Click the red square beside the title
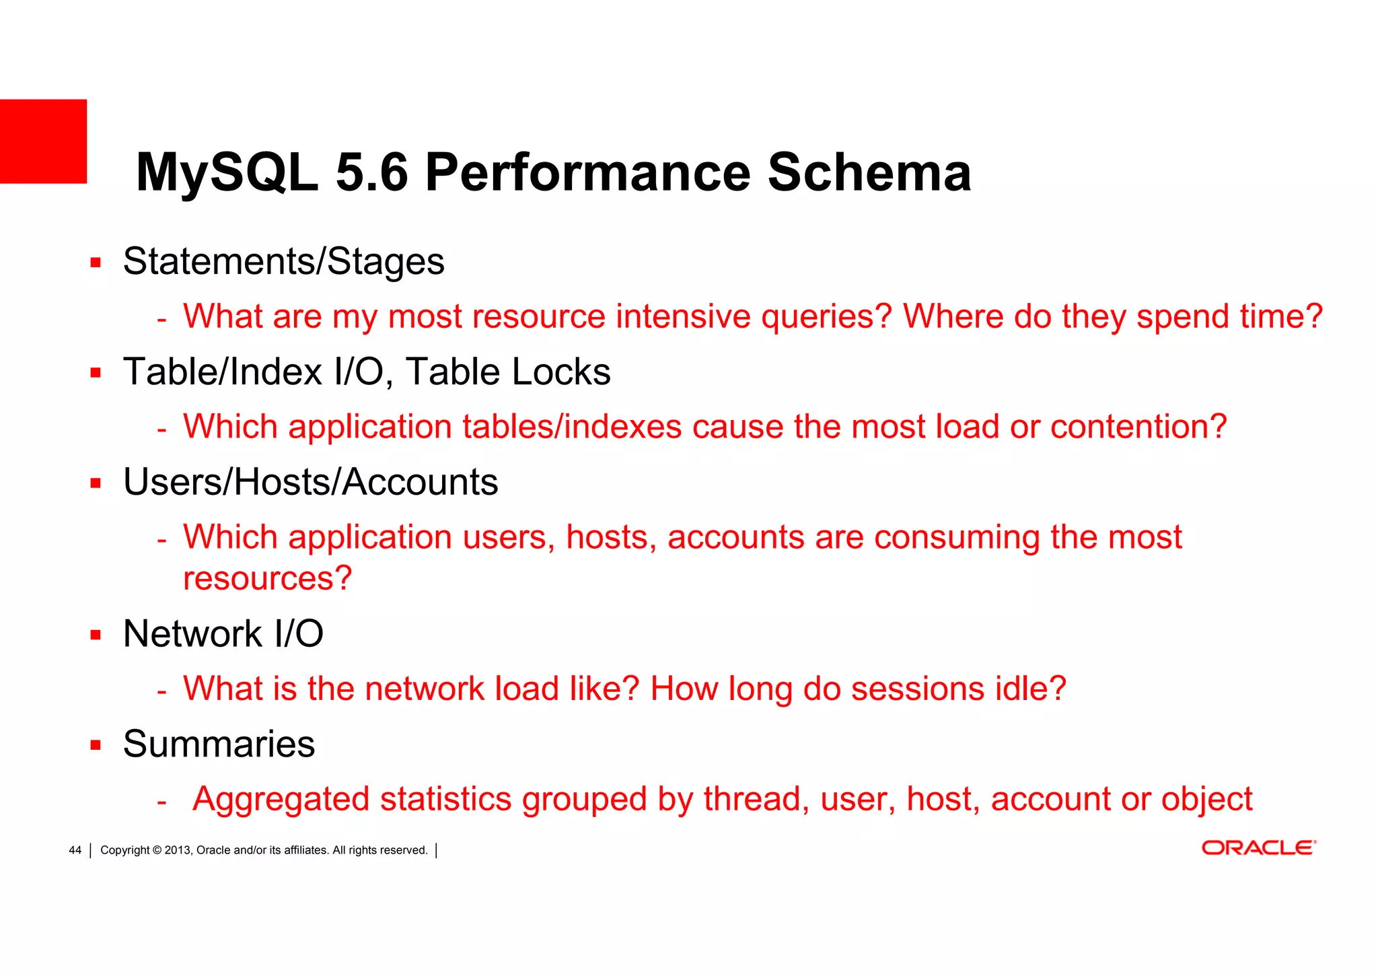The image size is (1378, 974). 43,141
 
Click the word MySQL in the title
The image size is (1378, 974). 227,173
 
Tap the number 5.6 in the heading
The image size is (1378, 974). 371,173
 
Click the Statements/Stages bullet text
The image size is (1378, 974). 283,262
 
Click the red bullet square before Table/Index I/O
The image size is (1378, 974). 96,373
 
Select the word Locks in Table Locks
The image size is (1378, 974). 560,372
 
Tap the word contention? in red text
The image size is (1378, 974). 1138,427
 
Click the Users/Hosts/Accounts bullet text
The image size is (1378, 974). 310,483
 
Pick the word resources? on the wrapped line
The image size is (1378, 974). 267,578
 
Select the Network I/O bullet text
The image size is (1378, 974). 223,634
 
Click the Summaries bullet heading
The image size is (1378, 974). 219,744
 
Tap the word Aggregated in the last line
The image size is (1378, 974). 281,800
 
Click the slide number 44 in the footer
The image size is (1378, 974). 75,850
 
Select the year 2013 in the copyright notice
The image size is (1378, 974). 178,850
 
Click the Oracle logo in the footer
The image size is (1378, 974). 1258,848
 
